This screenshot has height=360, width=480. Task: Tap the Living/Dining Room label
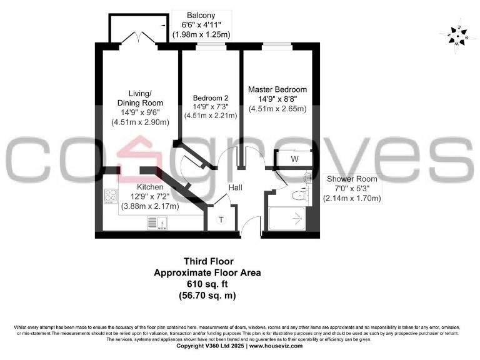[x=140, y=98]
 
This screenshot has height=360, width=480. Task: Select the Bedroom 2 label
[x=211, y=98]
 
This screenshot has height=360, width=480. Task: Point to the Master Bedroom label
[x=277, y=89]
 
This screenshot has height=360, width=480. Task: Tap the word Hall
[x=235, y=187]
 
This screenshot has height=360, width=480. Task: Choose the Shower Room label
[x=352, y=179]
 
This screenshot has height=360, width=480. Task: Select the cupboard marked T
[x=221, y=219]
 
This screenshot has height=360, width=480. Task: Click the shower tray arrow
[x=295, y=219]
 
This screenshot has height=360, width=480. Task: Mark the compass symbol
[x=457, y=35]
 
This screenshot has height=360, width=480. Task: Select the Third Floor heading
[x=208, y=262]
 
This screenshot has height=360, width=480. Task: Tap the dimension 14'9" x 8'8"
[x=277, y=99]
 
